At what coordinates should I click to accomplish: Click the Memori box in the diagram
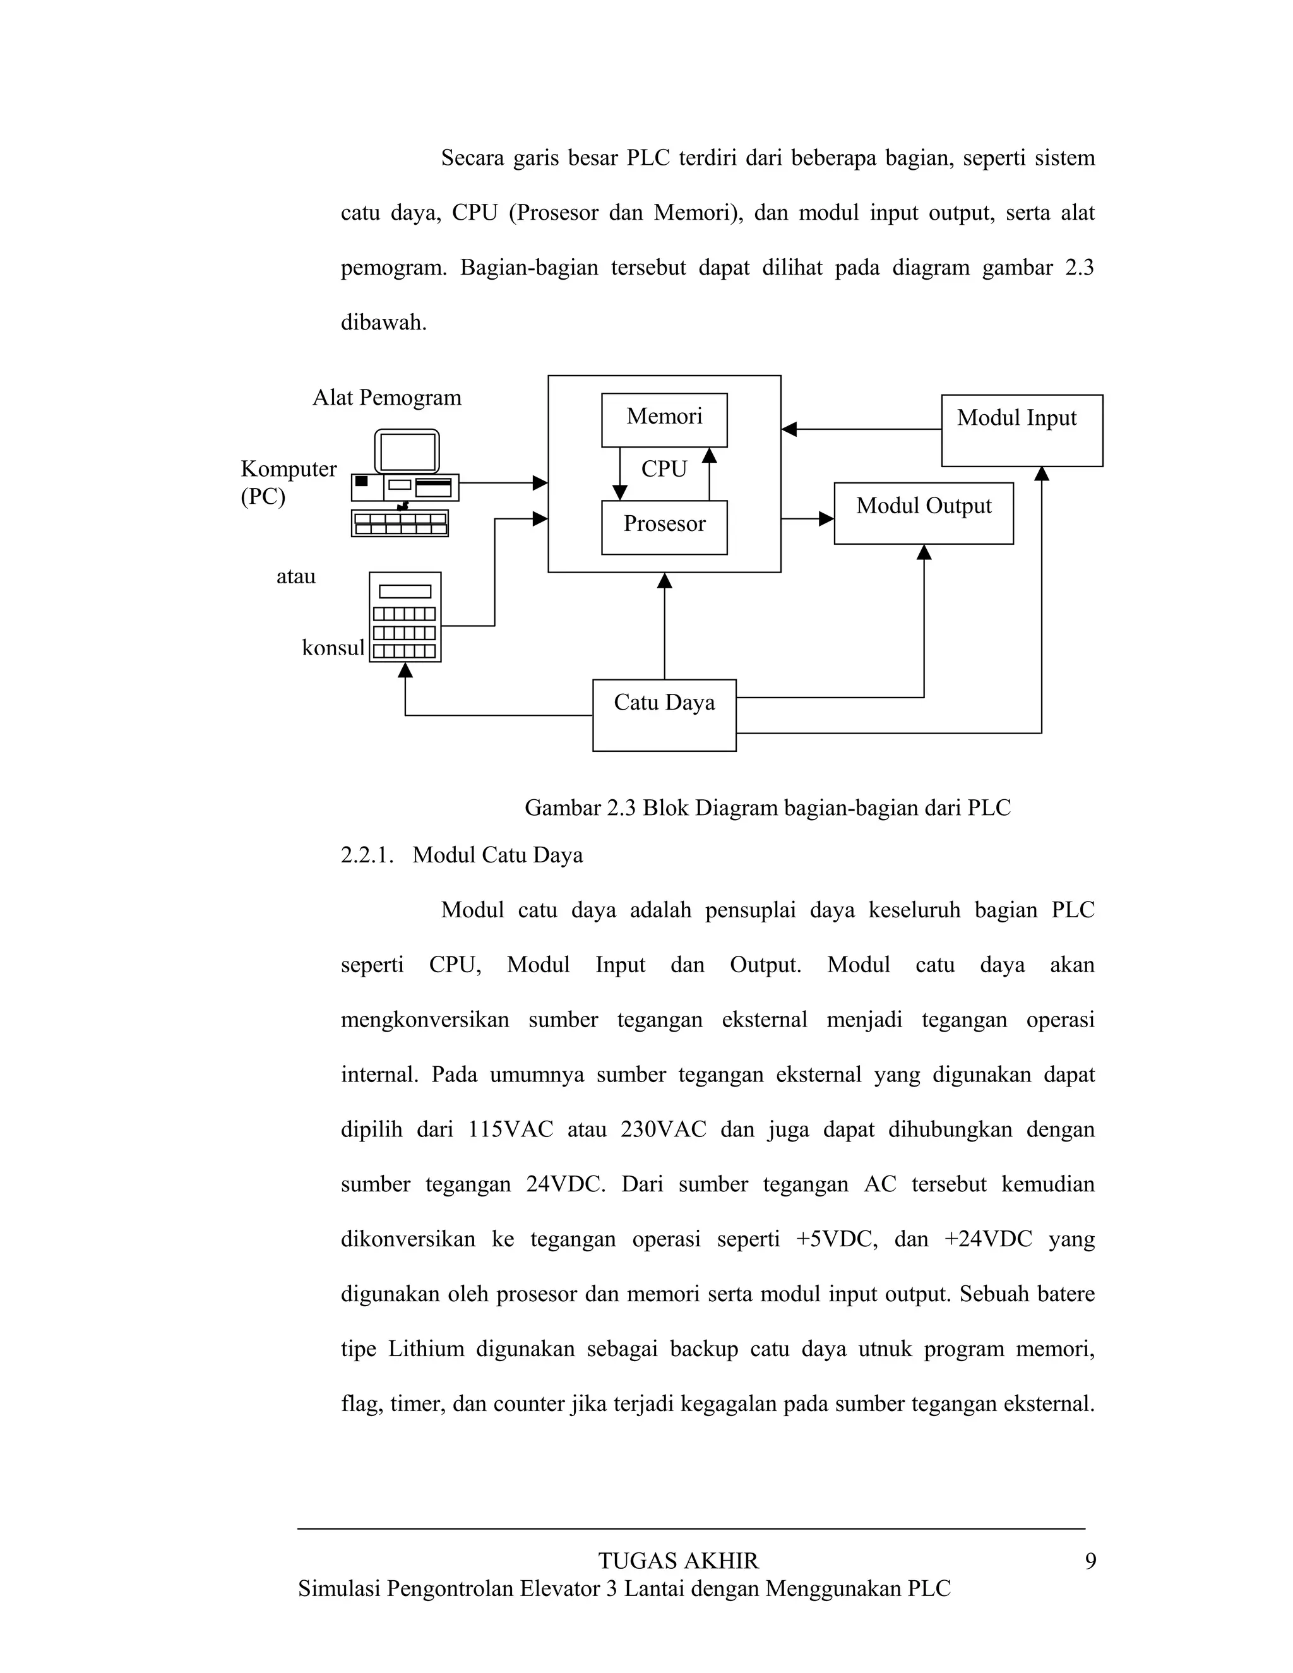664,420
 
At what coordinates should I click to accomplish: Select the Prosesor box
664,527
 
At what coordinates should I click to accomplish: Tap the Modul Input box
1022,431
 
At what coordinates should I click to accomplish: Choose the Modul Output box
923,513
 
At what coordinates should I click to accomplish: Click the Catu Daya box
664,715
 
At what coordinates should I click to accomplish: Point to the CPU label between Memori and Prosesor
664,469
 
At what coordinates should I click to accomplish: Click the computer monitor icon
407,451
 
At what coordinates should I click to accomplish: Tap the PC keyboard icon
400,523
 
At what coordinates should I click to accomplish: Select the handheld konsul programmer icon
405,617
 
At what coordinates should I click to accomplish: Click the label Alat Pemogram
387,398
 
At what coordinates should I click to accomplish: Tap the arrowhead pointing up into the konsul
405,671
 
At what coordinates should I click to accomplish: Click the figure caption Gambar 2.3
768,807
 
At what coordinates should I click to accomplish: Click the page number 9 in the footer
1090,1561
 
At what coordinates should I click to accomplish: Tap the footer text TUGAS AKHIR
678,1561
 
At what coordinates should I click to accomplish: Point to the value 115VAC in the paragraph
510,1130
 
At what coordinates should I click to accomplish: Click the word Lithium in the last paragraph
426,1349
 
